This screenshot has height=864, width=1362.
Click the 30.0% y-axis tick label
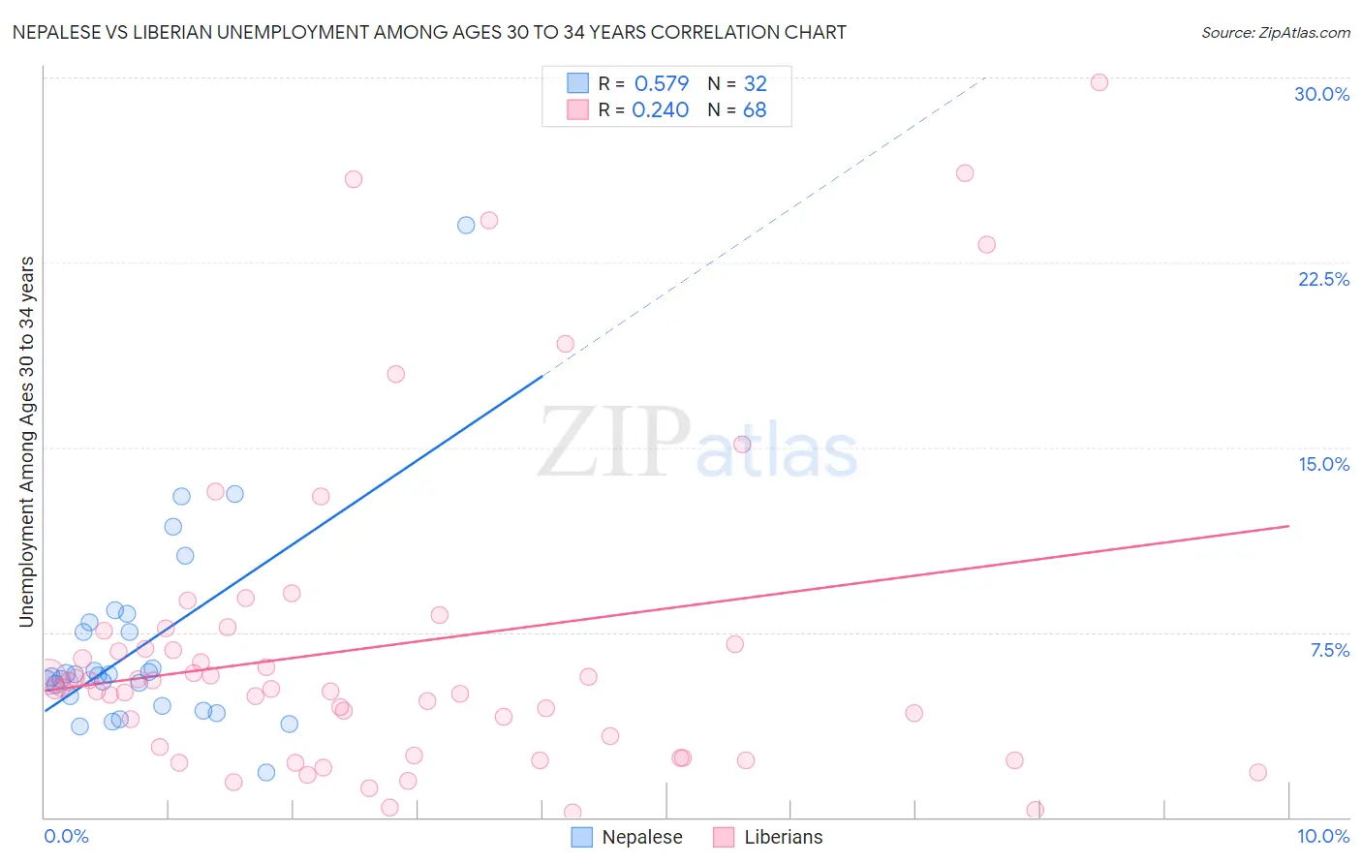[1321, 94]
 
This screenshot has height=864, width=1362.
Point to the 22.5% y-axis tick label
[1323, 279]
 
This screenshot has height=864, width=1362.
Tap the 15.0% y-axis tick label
[1323, 464]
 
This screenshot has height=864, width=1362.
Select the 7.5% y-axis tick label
[1329, 650]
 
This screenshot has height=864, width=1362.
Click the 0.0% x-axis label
[66, 836]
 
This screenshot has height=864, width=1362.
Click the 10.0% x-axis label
[1322, 836]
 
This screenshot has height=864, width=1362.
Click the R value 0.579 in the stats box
[661, 83]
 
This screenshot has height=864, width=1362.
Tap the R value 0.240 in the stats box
[660, 110]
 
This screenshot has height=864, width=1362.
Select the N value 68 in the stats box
[755, 110]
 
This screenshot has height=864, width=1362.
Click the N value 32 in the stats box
[755, 83]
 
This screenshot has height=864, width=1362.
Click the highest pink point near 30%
[1099, 82]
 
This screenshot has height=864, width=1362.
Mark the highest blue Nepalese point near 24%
[466, 225]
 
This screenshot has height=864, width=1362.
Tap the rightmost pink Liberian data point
[1257, 772]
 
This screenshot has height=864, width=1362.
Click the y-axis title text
[26, 442]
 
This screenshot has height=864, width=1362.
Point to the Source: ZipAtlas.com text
[1275, 33]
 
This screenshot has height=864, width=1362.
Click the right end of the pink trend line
[1288, 526]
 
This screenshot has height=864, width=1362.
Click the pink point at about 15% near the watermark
[742, 445]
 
